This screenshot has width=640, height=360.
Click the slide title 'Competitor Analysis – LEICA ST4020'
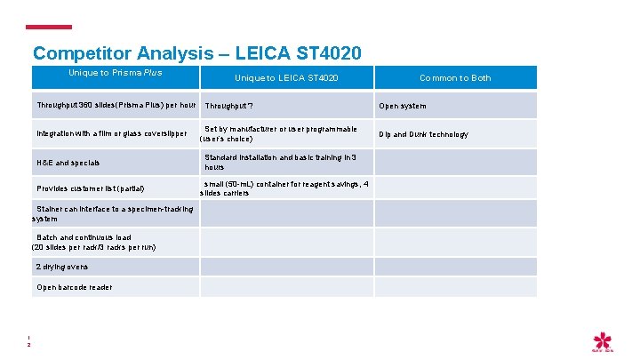[x=196, y=53]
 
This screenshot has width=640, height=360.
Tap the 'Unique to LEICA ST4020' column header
[x=285, y=78]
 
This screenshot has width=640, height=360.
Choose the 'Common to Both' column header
[x=455, y=78]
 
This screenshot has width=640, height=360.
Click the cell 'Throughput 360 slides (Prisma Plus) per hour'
[x=116, y=105]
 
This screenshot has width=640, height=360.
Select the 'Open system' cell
[x=403, y=106]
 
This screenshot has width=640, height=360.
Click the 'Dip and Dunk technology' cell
[x=423, y=134]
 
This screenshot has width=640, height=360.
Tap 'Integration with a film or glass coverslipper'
[x=112, y=134]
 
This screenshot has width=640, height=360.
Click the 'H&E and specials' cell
[x=68, y=163]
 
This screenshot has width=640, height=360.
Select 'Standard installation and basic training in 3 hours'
[x=280, y=162]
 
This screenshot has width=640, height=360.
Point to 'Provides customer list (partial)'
[x=90, y=188]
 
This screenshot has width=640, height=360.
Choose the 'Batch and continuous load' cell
[x=94, y=242]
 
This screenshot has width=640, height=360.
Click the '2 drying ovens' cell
[x=62, y=267]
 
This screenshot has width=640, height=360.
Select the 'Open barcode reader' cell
[x=74, y=287]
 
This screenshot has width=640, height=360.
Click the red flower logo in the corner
[x=604, y=341]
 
